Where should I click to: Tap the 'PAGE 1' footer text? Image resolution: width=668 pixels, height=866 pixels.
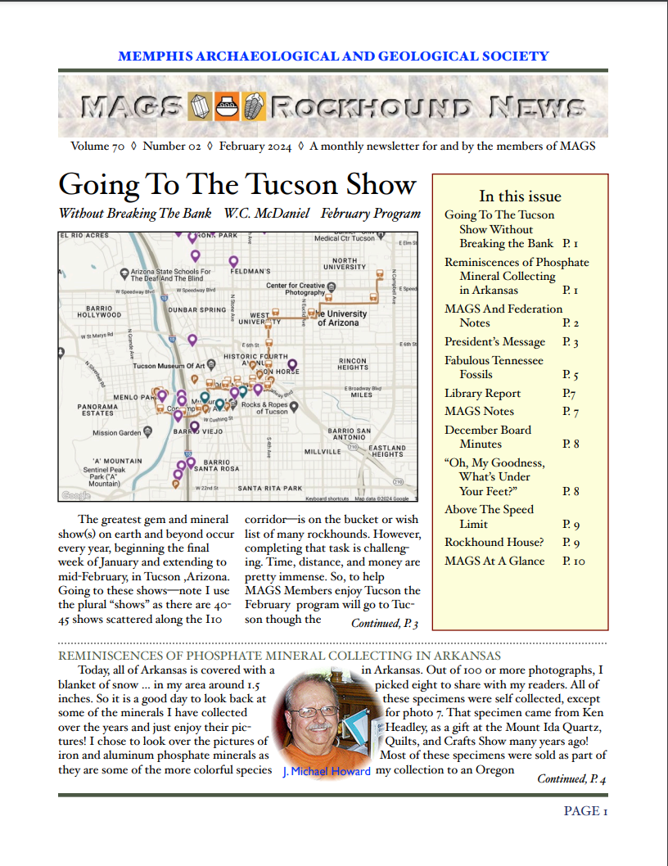click(x=585, y=811)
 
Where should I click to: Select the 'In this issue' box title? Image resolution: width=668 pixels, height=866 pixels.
click(x=520, y=196)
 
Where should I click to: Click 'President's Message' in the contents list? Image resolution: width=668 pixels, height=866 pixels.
click(x=494, y=342)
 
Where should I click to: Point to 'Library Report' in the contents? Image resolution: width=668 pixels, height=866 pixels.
click(x=482, y=394)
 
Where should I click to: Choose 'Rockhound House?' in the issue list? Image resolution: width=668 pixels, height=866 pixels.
click(x=494, y=543)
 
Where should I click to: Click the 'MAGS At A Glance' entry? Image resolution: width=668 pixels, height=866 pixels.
click(x=494, y=562)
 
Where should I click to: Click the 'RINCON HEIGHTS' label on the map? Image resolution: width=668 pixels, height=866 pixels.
click(x=353, y=364)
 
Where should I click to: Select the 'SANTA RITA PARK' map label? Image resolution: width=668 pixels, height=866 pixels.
click(x=270, y=489)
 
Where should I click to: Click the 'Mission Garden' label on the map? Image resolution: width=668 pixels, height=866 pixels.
click(x=116, y=433)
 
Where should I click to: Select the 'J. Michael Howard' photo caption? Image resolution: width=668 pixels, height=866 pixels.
click(x=326, y=771)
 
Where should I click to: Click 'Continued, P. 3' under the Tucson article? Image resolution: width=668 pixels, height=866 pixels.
click(x=385, y=625)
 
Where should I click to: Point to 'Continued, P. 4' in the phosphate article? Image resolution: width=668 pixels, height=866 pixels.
click(x=571, y=779)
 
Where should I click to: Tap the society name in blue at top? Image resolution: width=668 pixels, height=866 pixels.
click(x=333, y=56)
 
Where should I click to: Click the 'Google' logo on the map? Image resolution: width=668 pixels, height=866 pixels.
click(x=76, y=495)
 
